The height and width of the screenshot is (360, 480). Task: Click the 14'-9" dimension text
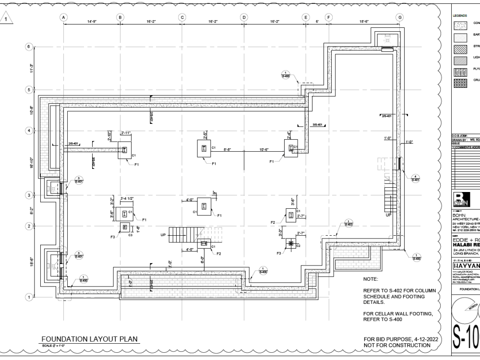(92, 22)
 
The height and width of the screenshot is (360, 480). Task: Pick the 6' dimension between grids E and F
(317, 22)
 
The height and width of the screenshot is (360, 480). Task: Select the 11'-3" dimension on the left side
(32, 68)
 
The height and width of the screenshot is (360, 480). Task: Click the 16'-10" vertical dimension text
(32, 163)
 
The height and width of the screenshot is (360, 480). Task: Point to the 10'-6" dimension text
(264, 149)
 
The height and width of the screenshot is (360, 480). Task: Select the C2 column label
(298, 245)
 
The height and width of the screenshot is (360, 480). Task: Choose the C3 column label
(130, 235)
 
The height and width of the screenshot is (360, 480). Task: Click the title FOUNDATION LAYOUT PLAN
(89, 339)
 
